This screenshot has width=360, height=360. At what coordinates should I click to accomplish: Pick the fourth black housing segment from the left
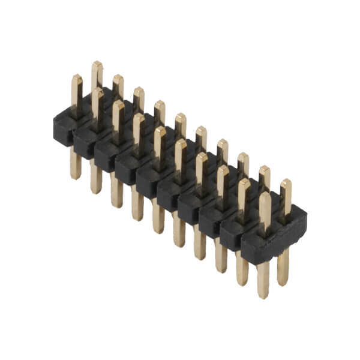[x=128, y=169]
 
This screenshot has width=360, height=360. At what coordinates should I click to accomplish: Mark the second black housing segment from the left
[x=87, y=143]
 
